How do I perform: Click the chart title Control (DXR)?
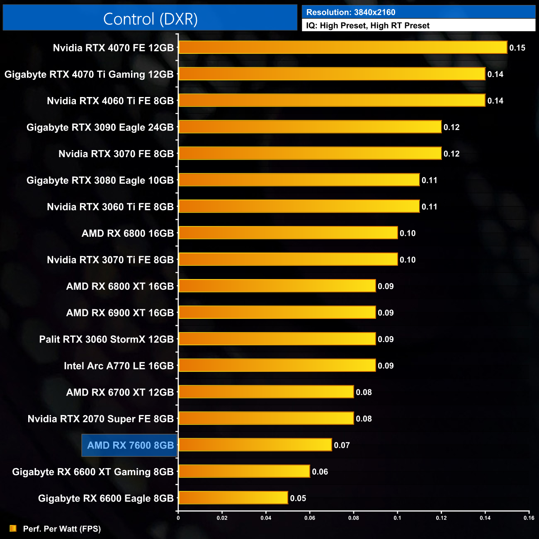[x=150, y=19]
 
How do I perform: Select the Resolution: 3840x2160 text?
[x=351, y=12]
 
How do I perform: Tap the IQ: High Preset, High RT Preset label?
[x=368, y=25]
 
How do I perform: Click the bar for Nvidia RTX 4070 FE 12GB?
[x=342, y=47]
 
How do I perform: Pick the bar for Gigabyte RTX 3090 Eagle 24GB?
[x=310, y=127]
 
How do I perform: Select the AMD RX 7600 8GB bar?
[x=255, y=445]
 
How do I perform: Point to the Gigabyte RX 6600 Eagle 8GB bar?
[x=233, y=498]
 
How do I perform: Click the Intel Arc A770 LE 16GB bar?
[x=277, y=365]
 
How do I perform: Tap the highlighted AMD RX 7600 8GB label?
[x=130, y=445]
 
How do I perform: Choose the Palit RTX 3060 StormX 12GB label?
[x=106, y=339]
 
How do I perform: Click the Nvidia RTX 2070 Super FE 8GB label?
[x=100, y=419]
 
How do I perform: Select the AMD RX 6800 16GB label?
[x=128, y=233]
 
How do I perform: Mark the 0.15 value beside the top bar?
[x=517, y=48]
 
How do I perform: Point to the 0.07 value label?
[x=342, y=445]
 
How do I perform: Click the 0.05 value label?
[x=298, y=498]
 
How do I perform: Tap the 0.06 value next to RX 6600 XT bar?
[x=320, y=472]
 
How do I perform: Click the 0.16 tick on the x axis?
[x=529, y=517]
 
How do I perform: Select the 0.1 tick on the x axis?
[x=397, y=517]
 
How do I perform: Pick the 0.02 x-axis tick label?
[x=222, y=517]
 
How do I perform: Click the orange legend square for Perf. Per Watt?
[x=13, y=528]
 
